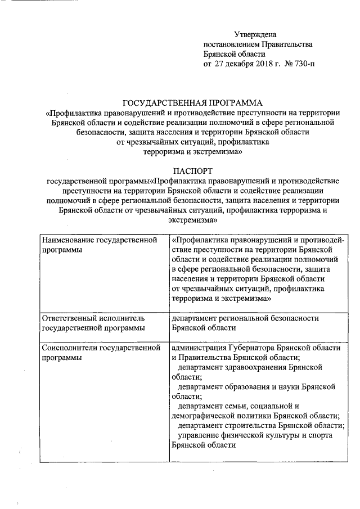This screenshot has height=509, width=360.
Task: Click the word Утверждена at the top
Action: click(255, 35)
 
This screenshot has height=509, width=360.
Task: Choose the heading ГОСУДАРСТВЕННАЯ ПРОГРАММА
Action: click(193, 102)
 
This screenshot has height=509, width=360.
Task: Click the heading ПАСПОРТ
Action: click(193, 170)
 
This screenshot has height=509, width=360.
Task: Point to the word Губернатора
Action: click(249, 348)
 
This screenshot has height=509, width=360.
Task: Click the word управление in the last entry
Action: click(198, 435)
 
